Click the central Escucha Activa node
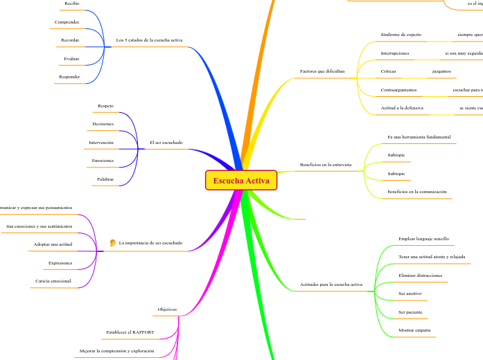(240, 181)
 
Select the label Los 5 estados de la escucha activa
(149, 41)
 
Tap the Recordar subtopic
(71, 41)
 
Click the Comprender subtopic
(67, 23)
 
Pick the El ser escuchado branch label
(166, 143)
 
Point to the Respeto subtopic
(105, 106)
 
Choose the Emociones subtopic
(103, 161)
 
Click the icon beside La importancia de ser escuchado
(112, 243)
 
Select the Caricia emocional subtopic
(53, 281)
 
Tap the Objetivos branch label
(167, 309)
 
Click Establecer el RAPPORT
(130, 333)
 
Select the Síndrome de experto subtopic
(401, 35)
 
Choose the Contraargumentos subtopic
(398, 90)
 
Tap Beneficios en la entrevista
(326, 165)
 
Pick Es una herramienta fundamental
(419, 137)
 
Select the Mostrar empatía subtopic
(414, 330)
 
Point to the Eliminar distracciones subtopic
(420, 275)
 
